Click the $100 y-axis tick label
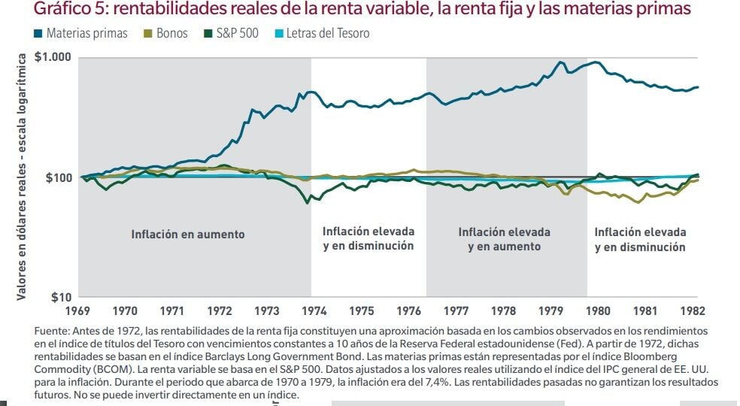coord(59,177)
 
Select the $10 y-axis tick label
coord(63,297)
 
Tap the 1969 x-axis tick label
coord(78,311)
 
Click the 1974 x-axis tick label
coord(314,311)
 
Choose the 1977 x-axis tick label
coord(456,311)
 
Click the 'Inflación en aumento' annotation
coord(188,235)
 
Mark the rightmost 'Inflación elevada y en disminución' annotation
coord(640,240)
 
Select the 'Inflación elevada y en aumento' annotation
coord(504,239)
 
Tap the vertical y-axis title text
coord(22,177)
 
